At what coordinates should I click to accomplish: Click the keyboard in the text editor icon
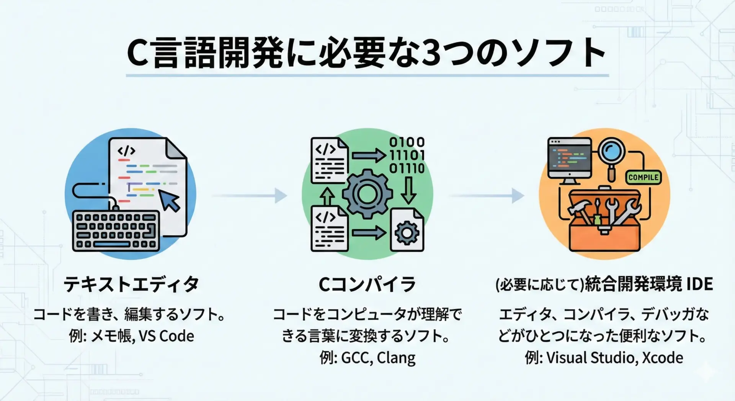pos(116,231)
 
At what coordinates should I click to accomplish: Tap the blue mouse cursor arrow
pos(170,200)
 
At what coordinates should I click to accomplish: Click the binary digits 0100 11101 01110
pos(407,155)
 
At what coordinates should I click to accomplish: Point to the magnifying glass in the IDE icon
pos(612,154)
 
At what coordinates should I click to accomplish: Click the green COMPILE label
pos(643,177)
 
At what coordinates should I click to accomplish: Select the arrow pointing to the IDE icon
pos(486,195)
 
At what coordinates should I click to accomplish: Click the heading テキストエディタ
pos(131,285)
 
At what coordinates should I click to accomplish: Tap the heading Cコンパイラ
pos(367,285)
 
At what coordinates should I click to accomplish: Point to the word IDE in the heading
pos(699,285)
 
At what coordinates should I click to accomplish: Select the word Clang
pos(396,358)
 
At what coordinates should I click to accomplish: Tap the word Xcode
pos(662,358)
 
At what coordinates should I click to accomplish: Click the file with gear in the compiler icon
pos(407,230)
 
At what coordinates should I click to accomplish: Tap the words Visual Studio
pos(591,358)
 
